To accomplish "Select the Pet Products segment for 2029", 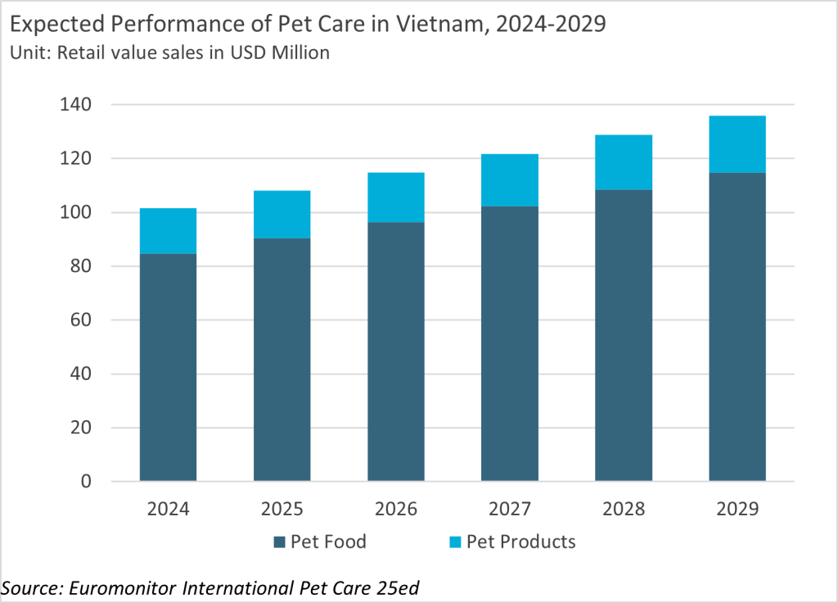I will pyautogui.click(x=737, y=144).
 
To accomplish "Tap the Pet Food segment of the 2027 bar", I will pyautogui.click(x=509, y=343).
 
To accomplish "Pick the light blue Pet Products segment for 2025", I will pyautogui.click(x=282, y=215).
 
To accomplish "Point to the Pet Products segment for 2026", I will pyautogui.click(x=395, y=197).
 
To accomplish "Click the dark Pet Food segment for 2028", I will pyautogui.click(x=623, y=335).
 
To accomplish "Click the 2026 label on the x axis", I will pyautogui.click(x=395, y=510).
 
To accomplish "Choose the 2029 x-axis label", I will pyautogui.click(x=737, y=510).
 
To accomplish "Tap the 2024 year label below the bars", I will pyautogui.click(x=168, y=510).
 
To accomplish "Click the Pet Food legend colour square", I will pyautogui.click(x=278, y=542).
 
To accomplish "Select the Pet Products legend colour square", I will pyautogui.click(x=455, y=542).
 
